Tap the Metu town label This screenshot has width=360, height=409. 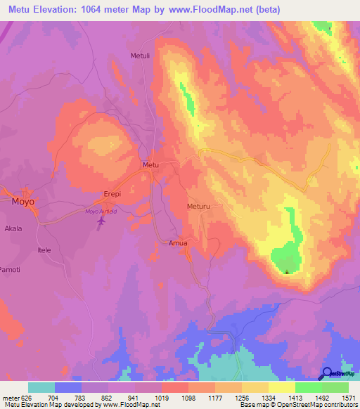tap(151, 164)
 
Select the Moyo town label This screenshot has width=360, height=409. tap(23, 201)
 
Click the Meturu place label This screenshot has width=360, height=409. tap(199, 208)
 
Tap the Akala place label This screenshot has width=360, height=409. tap(13, 228)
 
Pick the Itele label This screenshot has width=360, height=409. tap(45, 249)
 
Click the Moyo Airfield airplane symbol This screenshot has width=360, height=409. tap(101, 221)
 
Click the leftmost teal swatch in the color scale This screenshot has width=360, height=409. tap(41, 387)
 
